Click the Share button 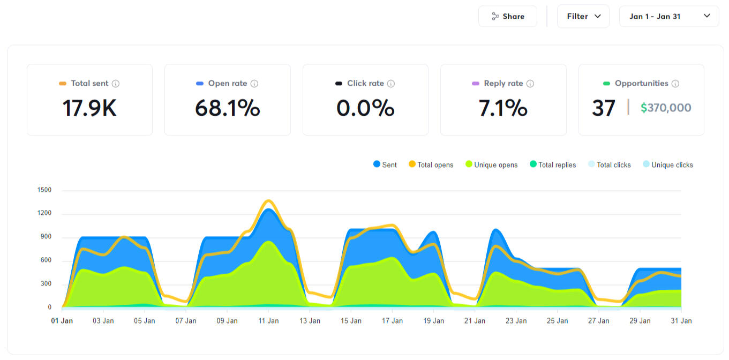507,17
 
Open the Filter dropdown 583,17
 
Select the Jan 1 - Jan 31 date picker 668,17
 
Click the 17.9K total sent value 89,108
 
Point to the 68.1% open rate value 227,108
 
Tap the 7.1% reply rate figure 502,108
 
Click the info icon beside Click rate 391,84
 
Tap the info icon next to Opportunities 675,84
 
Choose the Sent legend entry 385,165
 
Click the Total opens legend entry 431,165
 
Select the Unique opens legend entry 491,165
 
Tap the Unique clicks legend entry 667,165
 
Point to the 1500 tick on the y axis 44,190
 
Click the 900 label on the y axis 45,237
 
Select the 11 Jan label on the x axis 268,321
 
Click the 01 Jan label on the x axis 62,321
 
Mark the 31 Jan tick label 681,321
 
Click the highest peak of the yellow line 268,201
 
